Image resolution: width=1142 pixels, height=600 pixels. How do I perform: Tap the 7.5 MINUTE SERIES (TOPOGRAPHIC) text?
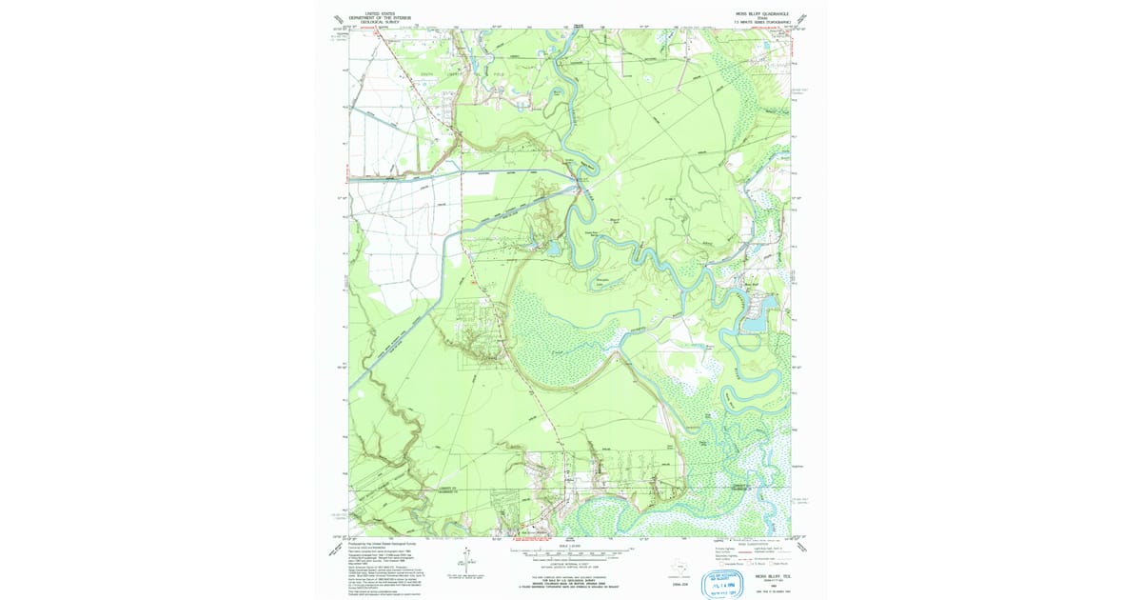pos(757,21)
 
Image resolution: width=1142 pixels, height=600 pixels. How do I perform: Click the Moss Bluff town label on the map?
pos(752,283)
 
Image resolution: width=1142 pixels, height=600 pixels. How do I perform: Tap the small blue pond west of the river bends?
pos(554,250)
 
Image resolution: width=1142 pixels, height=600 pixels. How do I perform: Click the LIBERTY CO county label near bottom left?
pos(449,488)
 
